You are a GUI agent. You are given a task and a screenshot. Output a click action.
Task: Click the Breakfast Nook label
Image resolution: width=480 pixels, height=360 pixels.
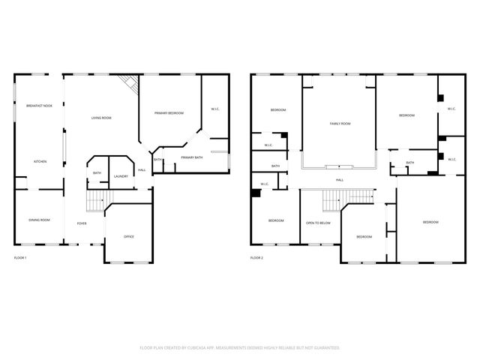[x=39, y=106]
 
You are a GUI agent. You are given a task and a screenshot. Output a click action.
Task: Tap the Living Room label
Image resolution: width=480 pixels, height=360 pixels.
[x=101, y=118]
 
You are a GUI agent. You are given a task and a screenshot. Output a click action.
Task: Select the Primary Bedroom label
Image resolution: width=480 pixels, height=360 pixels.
[x=169, y=112]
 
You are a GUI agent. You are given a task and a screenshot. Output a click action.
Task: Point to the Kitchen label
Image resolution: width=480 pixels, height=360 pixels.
[x=40, y=161]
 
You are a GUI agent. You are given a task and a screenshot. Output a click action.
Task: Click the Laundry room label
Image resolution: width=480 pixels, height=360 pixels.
[x=121, y=176]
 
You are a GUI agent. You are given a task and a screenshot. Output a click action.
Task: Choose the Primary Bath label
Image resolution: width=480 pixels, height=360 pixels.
[x=192, y=157]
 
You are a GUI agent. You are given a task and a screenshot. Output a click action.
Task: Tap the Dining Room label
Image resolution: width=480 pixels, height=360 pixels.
[x=40, y=220]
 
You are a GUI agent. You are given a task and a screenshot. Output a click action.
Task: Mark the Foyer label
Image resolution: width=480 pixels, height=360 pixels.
[x=81, y=223]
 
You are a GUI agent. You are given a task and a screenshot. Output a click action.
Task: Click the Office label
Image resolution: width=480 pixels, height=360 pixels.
[x=128, y=237]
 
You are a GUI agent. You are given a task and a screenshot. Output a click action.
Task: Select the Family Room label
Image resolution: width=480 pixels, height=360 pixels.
[x=340, y=123]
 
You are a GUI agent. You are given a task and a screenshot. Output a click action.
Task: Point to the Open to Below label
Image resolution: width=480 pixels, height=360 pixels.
[x=318, y=223]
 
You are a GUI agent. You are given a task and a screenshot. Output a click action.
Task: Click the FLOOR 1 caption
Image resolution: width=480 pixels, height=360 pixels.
[x=20, y=258]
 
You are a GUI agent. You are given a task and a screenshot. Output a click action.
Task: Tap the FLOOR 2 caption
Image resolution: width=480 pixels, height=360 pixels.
[x=256, y=258]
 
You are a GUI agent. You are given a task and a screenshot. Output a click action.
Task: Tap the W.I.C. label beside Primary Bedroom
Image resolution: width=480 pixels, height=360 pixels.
[x=215, y=109]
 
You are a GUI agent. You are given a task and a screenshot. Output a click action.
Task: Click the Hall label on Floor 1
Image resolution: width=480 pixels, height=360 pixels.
[x=142, y=169]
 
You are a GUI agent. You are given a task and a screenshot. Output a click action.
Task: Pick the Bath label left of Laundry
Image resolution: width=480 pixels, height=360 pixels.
[x=97, y=173]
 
